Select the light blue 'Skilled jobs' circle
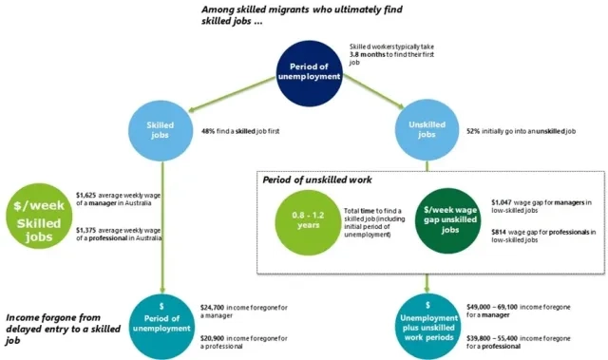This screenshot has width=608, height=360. (x=165, y=130)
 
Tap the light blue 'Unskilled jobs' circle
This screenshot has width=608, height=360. (x=427, y=130)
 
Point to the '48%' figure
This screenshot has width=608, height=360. (x=211, y=131)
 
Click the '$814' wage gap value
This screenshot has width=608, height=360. (x=501, y=232)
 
